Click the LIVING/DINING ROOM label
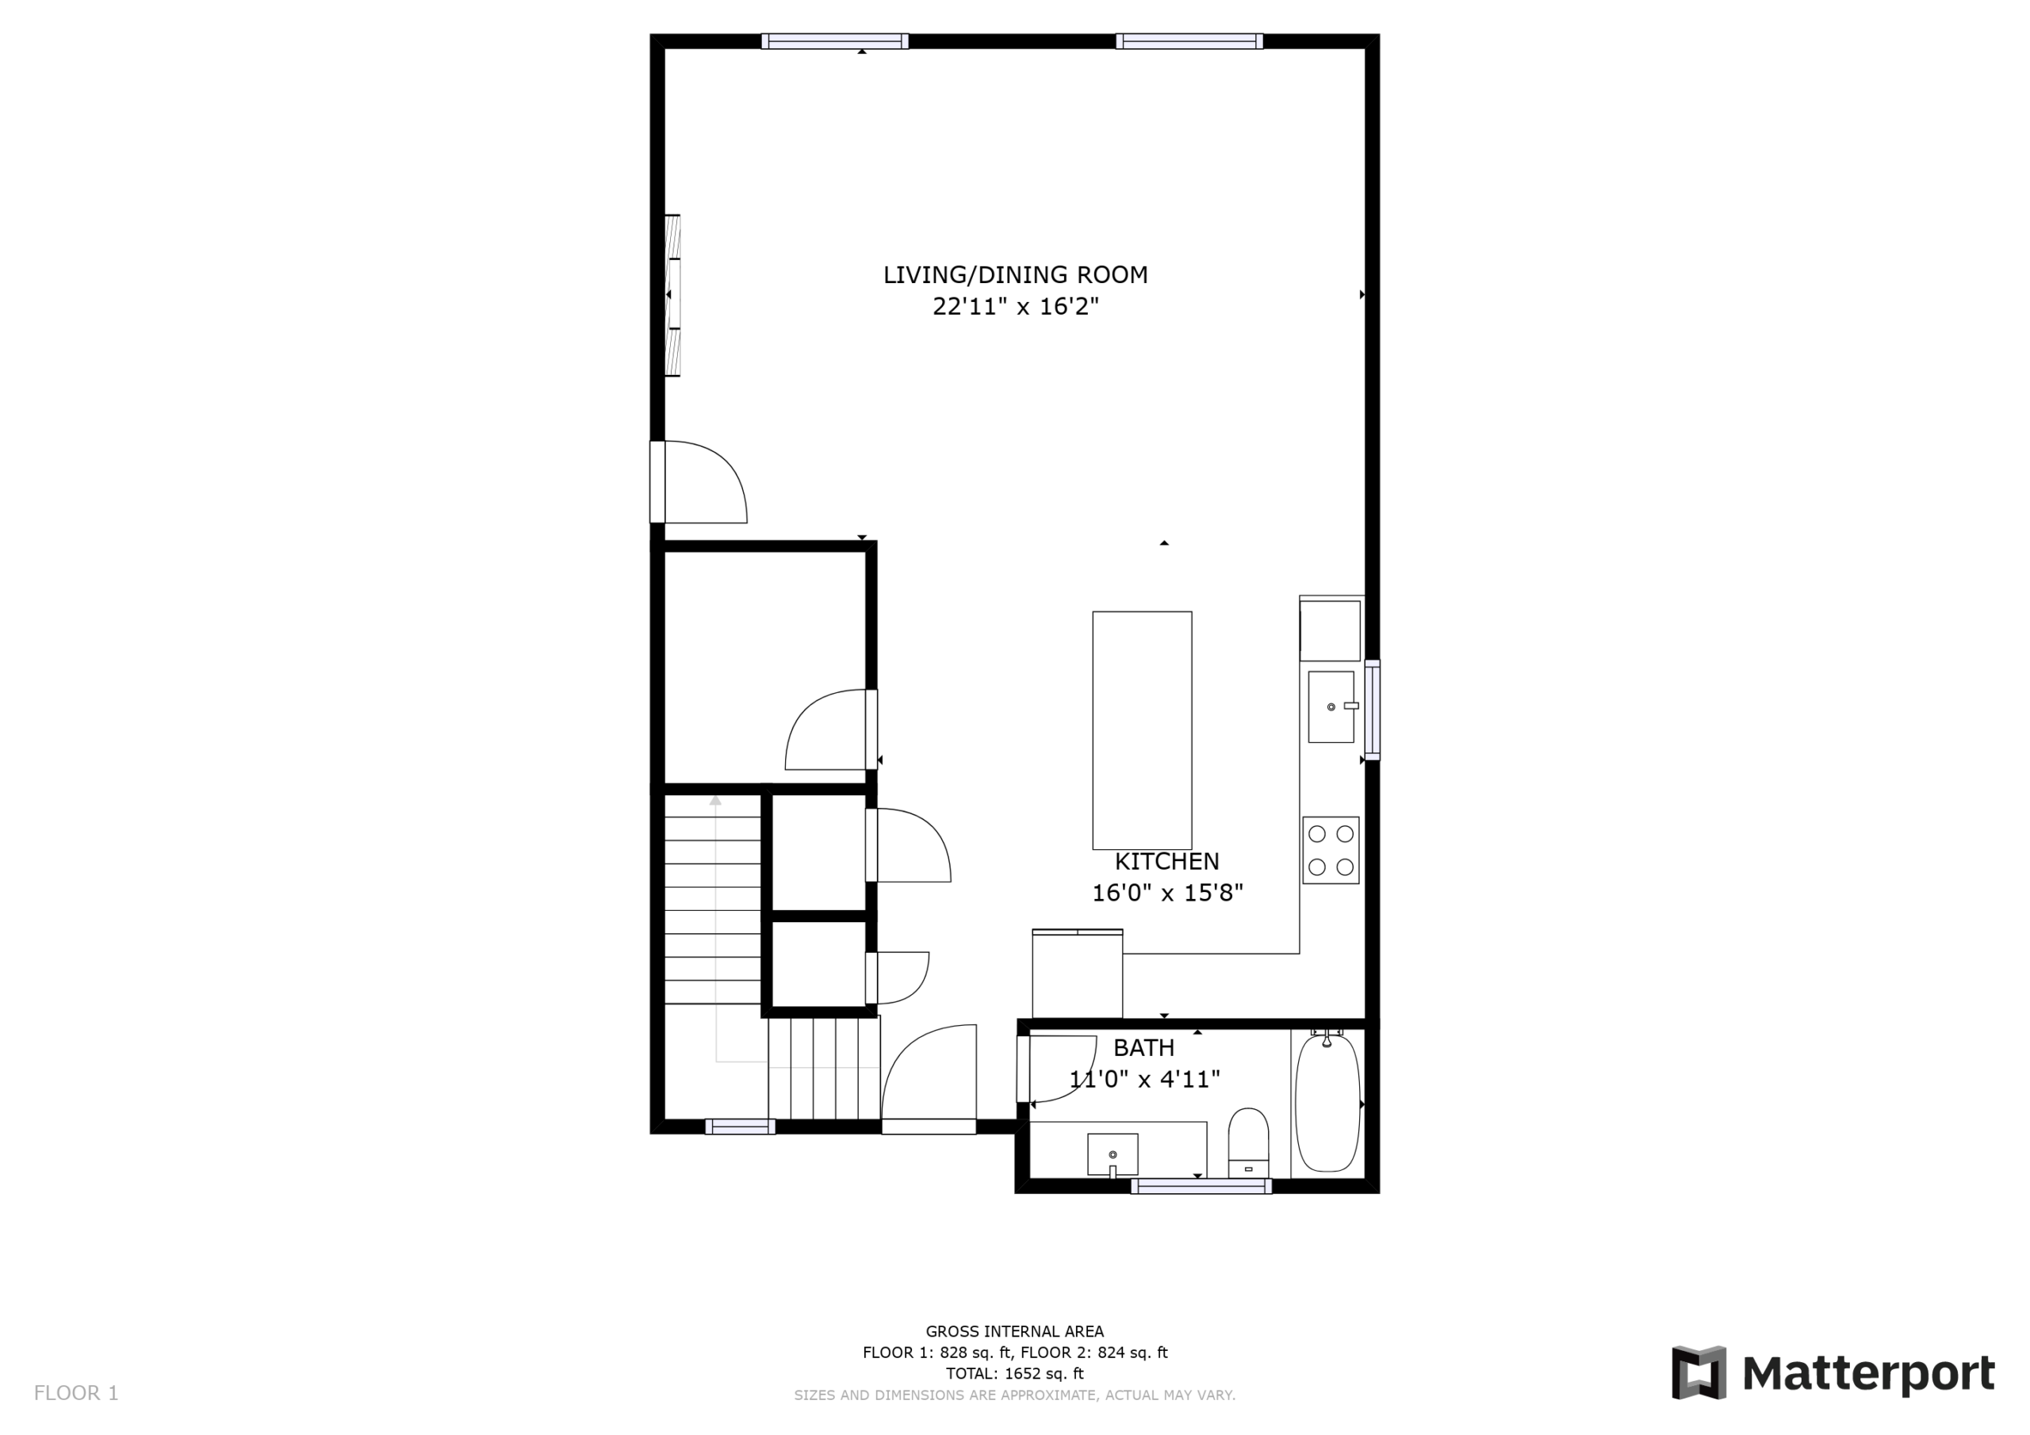click(x=1015, y=275)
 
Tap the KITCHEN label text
click(x=1166, y=861)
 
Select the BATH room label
click(x=1143, y=1048)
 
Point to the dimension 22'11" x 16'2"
click(x=1015, y=307)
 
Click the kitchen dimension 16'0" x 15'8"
click(x=1167, y=893)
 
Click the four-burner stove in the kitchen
click(x=1331, y=851)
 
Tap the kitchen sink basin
click(x=1331, y=706)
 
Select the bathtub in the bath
click(x=1327, y=1103)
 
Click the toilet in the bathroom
click(x=1248, y=1142)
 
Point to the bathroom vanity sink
click(x=1113, y=1154)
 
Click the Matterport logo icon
click(x=1698, y=1373)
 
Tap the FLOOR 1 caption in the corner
click(x=76, y=1394)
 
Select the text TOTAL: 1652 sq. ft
click(x=1015, y=1373)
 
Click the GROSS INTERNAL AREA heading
click(x=1015, y=1332)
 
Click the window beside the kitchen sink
click(x=1372, y=710)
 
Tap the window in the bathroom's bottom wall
click(x=1201, y=1187)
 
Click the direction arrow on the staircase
click(x=716, y=928)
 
